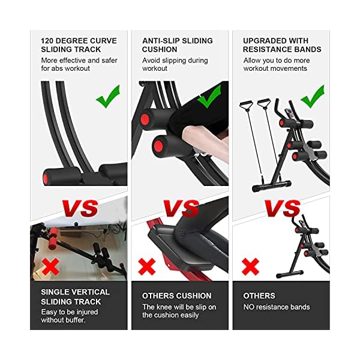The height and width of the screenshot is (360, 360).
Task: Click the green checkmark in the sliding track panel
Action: click(x=107, y=96)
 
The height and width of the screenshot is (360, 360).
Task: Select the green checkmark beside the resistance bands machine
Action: click(x=311, y=96)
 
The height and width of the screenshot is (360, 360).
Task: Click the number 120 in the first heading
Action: click(x=49, y=41)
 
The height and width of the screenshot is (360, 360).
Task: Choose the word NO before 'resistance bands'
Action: click(x=249, y=307)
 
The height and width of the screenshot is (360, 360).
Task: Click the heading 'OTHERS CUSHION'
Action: click(x=176, y=296)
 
